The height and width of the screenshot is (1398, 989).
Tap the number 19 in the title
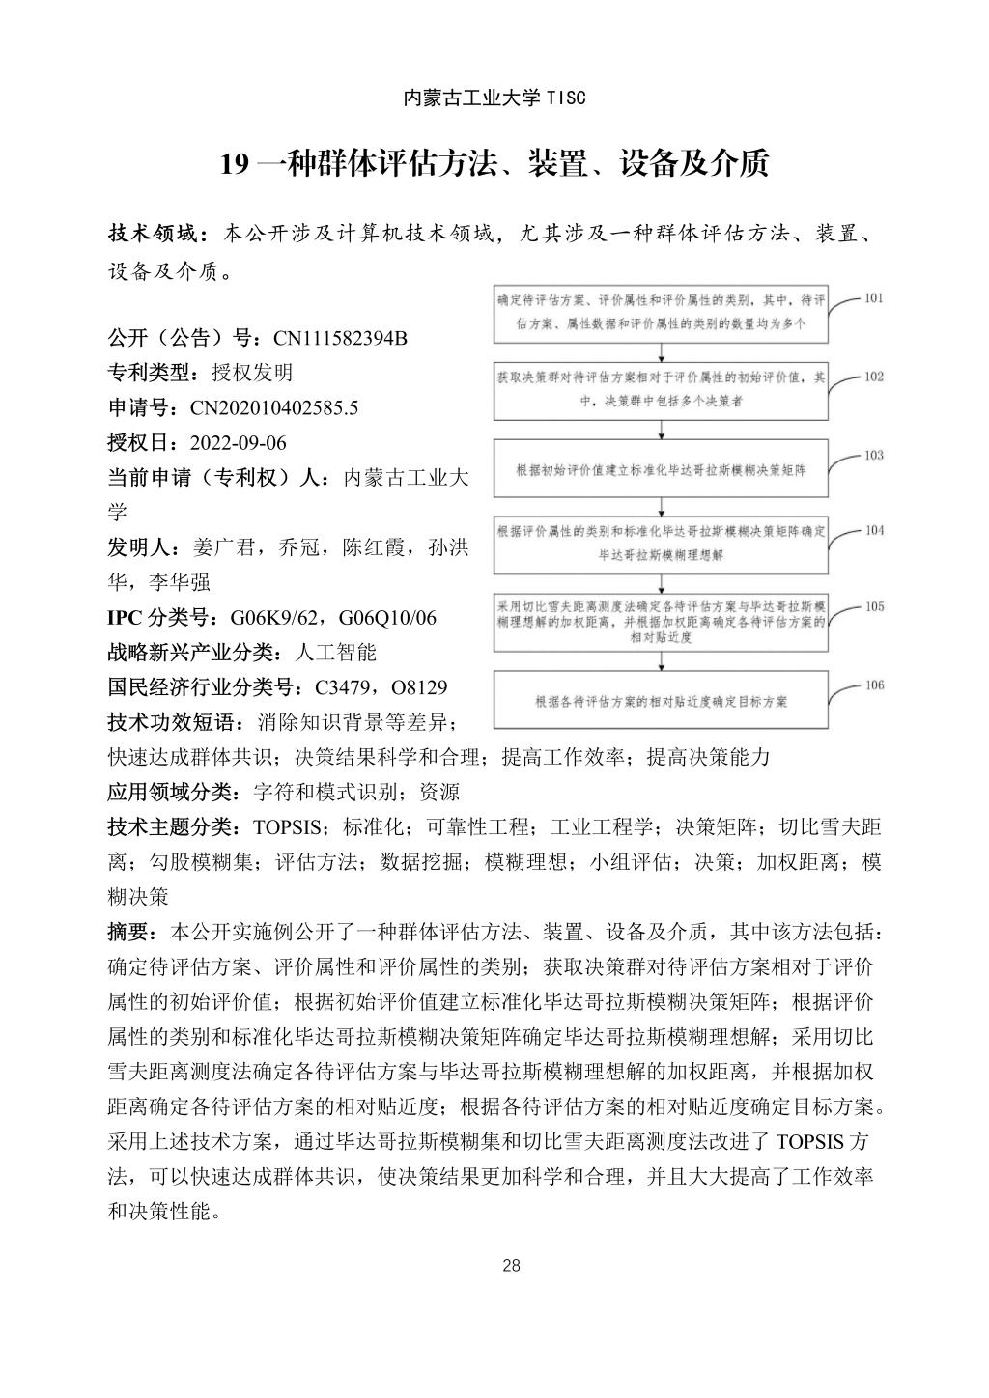235,164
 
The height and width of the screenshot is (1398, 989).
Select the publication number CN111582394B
341,338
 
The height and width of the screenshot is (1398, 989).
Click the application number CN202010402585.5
273,408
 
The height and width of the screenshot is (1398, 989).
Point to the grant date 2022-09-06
239,443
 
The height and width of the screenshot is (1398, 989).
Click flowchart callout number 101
873,298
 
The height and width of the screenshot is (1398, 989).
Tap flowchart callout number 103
873,455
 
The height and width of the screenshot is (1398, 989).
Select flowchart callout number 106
873,685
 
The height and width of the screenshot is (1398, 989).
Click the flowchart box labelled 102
662,392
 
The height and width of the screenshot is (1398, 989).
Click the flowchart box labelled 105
662,623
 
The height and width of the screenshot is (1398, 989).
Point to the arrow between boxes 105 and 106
662,661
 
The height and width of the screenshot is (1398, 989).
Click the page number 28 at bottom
512,1266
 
